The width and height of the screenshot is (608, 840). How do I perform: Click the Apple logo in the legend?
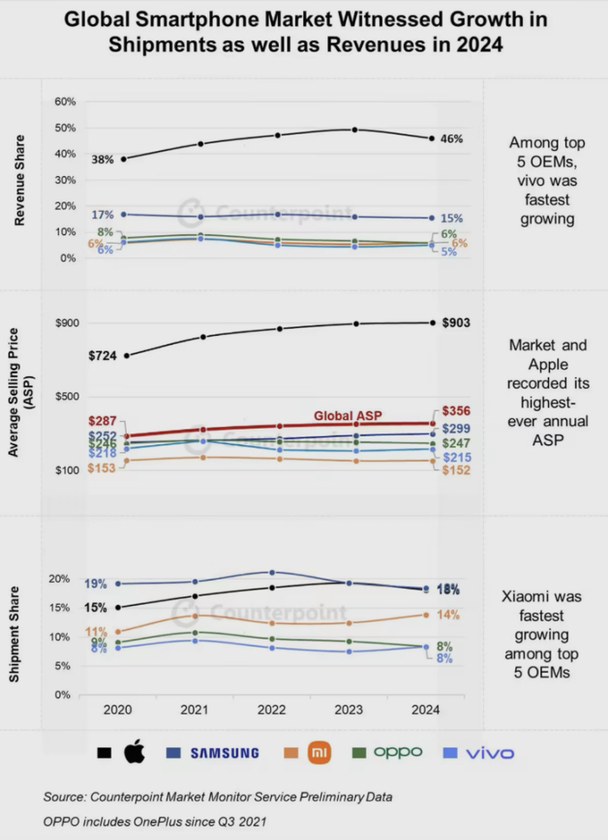134,752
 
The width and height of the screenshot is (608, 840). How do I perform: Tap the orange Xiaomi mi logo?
321,752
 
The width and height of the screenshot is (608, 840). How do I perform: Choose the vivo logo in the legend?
490,752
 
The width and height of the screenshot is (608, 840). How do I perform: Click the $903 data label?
457,323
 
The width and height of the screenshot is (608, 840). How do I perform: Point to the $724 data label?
103,356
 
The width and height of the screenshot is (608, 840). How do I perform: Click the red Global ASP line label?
347,415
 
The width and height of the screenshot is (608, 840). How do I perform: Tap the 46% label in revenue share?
452,138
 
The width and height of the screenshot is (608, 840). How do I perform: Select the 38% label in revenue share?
102,160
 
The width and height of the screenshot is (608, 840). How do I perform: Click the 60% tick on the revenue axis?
65,102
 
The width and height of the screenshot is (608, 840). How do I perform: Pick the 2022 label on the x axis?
271,709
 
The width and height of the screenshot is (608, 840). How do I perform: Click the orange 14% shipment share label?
447,614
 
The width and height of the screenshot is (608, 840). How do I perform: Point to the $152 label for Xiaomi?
456,470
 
